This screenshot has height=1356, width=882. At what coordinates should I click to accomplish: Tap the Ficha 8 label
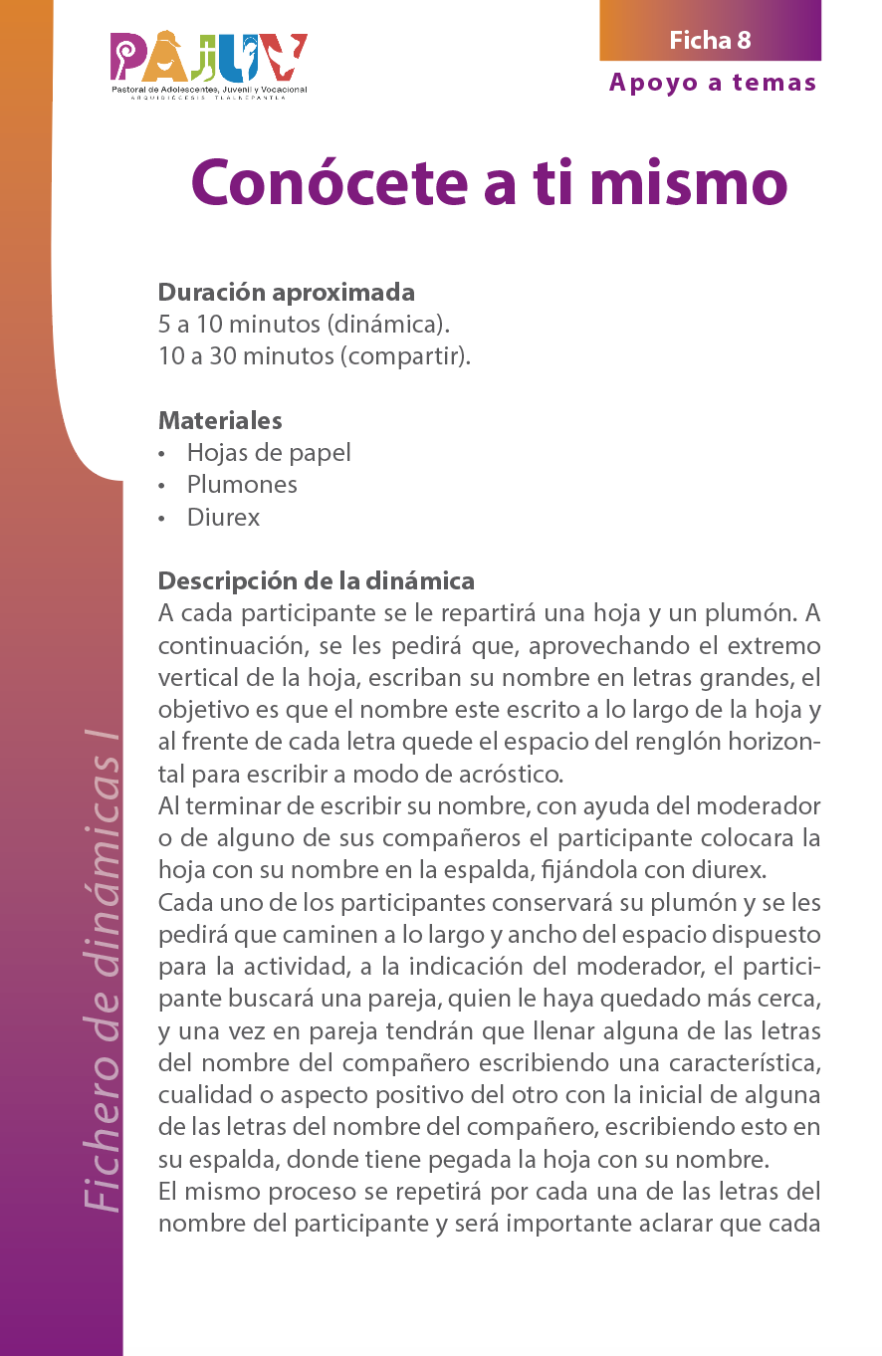click(x=710, y=40)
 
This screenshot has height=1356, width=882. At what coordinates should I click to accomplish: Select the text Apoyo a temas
click(x=713, y=83)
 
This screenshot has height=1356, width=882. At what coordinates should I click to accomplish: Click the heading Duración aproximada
click(x=287, y=293)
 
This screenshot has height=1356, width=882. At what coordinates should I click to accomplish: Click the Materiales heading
click(x=220, y=420)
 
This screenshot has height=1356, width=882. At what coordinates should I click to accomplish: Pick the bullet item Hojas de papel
click(x=269, y=453)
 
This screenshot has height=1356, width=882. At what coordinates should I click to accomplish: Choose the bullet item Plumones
click(x=242, y=485)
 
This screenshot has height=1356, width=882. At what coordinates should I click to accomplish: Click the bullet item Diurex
click(x=223, y=518)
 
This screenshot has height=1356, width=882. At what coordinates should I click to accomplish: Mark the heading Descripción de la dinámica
click(x=317, y=580)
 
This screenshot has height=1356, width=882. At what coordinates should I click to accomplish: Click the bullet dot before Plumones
click(x=161, y=486)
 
